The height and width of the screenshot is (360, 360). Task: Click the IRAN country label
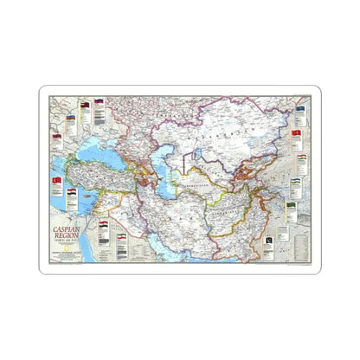coord(177,216)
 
